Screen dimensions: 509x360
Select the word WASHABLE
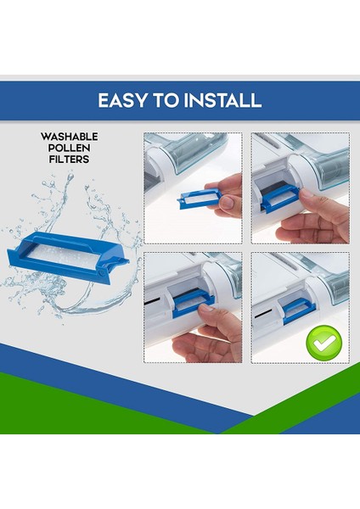[x=69, y=136]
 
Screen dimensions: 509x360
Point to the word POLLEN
[x=69, y=147]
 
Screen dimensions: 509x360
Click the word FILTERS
[x=69, y=159]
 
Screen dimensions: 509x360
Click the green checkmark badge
[x=323, y=343]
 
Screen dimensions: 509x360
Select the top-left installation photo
[x=193, y=187]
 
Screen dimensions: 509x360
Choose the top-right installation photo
[x=300, y=187]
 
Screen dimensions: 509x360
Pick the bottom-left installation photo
[x=193, y=307]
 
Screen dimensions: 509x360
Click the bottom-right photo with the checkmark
[x=300, y=307]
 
